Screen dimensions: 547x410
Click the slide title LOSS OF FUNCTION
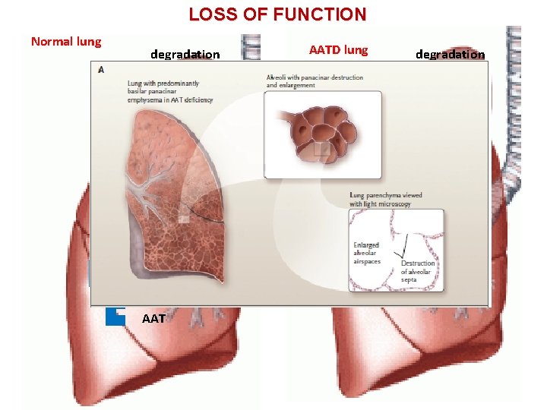277,14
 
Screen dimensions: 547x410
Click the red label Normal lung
65,41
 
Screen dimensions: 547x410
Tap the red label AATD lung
338,50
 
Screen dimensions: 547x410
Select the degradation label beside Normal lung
185,54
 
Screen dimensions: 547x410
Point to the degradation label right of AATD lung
450,54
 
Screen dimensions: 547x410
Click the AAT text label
153,319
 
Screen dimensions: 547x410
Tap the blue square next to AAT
115,316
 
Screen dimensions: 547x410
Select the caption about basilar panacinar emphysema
170,91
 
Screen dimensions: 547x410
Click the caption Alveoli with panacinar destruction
315,81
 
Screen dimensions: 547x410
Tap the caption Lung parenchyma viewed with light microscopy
385,200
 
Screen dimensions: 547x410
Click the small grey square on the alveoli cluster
322,150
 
